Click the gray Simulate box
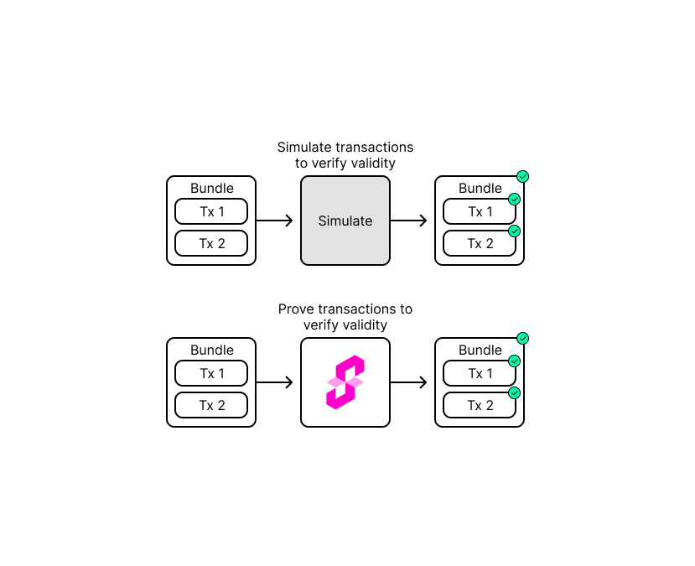coord(345,221)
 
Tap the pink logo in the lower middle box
coord(345,382)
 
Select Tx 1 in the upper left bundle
coord(211,211)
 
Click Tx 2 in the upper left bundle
coord(211,243)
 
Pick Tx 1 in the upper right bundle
coord(480,211)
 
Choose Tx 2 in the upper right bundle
coord(480,243)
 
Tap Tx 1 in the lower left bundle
coord(211,373)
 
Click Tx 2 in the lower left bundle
coord(211,405)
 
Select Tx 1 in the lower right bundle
coord(480,373)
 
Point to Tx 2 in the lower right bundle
coord(480,405)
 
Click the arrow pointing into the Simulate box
coord(275,221)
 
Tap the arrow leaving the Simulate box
coord(409,221)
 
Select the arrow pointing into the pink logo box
coord(275,382)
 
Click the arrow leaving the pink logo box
coord(409,382)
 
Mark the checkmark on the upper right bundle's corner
coord(522,176)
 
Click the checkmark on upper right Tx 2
coord(515,231)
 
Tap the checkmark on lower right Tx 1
coord(515,361)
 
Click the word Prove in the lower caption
coord(295,309)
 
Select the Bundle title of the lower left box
coord(211,351)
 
